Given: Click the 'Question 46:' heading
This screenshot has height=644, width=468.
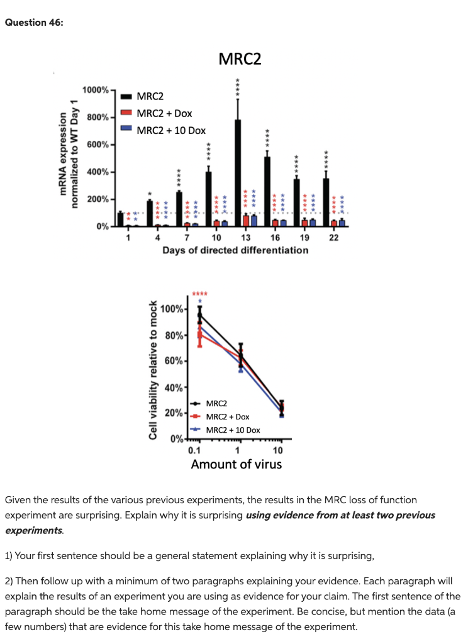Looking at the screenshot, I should [34, 23].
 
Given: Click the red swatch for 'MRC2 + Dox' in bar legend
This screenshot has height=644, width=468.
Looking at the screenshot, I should [126, 113].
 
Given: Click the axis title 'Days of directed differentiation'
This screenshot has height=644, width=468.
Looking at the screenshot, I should [235, 250].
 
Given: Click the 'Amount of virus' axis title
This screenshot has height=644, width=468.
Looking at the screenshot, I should [237, 465].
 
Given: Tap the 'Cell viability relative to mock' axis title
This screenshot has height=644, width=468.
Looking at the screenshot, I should [152, 370].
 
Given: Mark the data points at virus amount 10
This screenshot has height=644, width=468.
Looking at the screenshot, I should [281, 409].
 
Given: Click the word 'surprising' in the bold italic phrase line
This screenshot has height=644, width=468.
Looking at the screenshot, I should [220, 516].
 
